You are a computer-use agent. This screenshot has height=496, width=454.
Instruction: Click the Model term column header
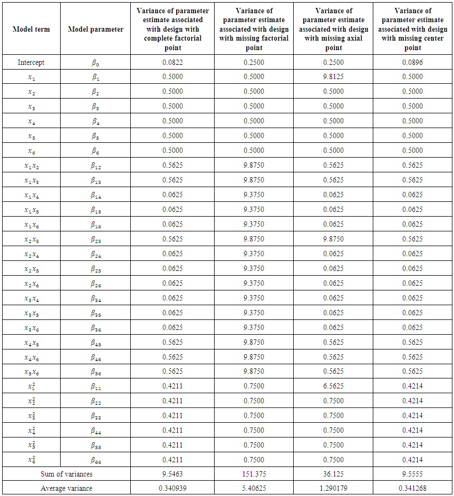31,29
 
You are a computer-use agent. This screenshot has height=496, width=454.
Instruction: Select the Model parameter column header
95,29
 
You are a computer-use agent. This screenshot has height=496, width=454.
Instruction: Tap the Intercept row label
31,62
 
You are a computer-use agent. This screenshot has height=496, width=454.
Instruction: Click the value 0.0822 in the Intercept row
172,62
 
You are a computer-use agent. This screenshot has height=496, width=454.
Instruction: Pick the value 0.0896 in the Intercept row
412,62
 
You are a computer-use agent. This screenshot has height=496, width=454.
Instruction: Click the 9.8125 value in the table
333,76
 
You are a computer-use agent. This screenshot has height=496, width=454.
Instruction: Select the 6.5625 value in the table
333,386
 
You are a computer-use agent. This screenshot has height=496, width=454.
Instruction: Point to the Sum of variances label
66,474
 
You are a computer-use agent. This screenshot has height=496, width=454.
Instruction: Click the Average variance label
66,489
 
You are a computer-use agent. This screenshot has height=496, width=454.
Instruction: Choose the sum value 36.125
333,474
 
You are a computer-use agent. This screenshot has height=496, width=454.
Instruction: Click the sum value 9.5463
172,474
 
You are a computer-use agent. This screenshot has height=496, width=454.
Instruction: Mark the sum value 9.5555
412,474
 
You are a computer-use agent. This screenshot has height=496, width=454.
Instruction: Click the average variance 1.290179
333,489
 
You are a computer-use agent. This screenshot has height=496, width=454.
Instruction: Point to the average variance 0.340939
172,489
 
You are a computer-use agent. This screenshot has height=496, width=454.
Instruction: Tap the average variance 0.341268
412,489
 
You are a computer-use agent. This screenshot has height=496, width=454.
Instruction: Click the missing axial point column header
333,29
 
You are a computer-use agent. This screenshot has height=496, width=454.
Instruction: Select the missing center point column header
412,29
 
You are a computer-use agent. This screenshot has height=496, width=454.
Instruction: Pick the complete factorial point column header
172,29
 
